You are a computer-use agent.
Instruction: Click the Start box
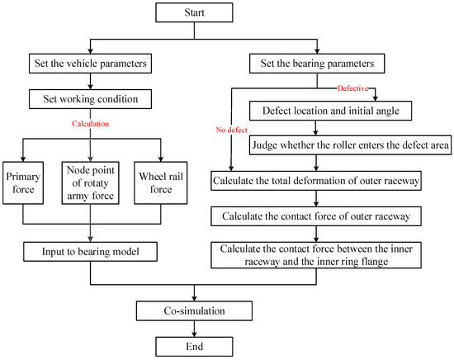tap(194, 12)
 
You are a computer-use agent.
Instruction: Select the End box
tap(194, 347)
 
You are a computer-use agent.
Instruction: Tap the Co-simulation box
tap(194, 310)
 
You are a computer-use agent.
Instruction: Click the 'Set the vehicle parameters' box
tap(90, 63)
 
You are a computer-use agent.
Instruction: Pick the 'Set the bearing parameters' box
tap(317, 63)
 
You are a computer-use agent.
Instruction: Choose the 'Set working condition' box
tap(90, 99)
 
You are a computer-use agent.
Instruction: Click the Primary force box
tap(23, 182)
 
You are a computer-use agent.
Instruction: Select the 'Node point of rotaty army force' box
tap(90, 182)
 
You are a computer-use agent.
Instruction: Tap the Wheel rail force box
tap(161, 182)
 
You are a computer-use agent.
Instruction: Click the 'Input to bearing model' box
tap(90, 252)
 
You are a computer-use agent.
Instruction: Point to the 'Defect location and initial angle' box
tap(331, 111)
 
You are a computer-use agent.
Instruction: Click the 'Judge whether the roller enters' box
tap(350, 144)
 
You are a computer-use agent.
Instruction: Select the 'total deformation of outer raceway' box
tap(316, 181)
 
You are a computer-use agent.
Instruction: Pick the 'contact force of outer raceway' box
tap(316, 216)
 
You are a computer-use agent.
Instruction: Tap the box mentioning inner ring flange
tap(316, 255)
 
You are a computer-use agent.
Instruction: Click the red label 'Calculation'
tap(90, 124)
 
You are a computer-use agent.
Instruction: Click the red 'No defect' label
tap(231, 130)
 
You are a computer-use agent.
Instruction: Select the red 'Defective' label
tap(353, 88)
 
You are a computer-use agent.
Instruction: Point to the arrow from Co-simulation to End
tap(194, 329)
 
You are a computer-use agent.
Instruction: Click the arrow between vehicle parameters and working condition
tap(90, 81)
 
